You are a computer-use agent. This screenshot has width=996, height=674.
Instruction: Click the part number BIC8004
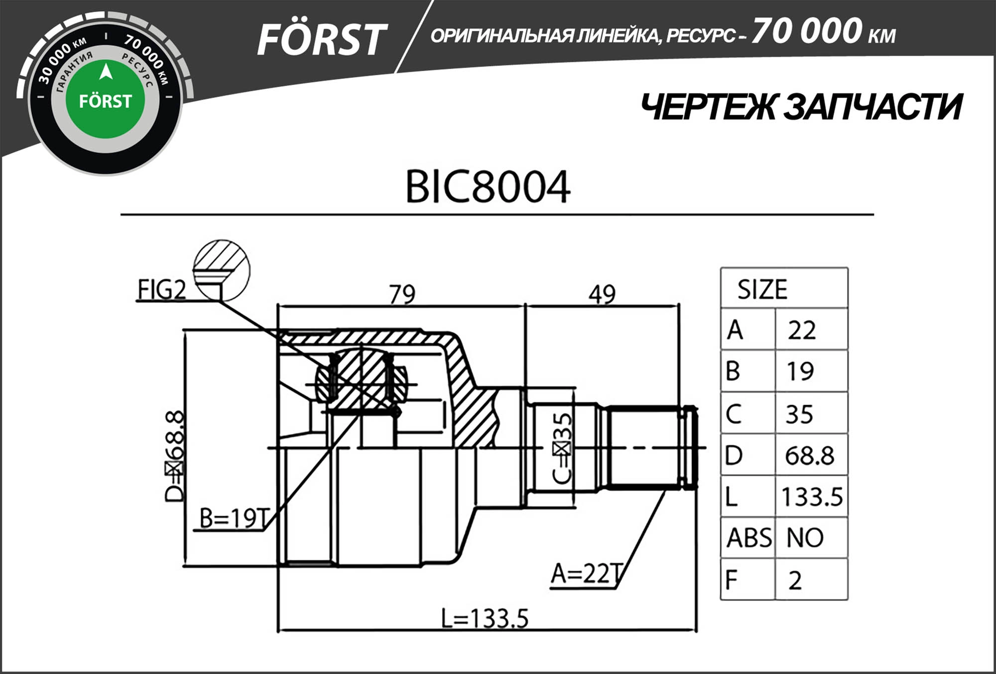click(x=488, y=187)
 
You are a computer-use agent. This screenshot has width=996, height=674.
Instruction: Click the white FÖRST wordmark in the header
click(x=321, y=40)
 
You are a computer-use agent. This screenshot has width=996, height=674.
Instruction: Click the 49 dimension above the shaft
click(x=602, y=294)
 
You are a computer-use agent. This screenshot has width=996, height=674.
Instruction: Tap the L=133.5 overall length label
click(x=484, y=619)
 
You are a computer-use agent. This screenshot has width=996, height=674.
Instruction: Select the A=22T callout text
click(x=587, y=573)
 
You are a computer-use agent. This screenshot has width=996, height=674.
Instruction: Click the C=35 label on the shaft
click(x=562, y=448)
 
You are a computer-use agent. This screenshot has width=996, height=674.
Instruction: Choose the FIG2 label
click(x=161, y=290)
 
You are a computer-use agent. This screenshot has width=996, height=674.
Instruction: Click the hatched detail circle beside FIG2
click(x=222, y=270)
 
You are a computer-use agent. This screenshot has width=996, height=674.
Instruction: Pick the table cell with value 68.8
click(x=809, y=455)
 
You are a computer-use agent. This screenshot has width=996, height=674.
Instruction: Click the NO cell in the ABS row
click(x=805, y=538)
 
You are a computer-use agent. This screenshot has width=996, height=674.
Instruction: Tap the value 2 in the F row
click(x=795, y=580)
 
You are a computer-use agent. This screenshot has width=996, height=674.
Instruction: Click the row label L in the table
click(x=732, y=497)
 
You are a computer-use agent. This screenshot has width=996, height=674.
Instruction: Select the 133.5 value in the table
click(x=812, y=497)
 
